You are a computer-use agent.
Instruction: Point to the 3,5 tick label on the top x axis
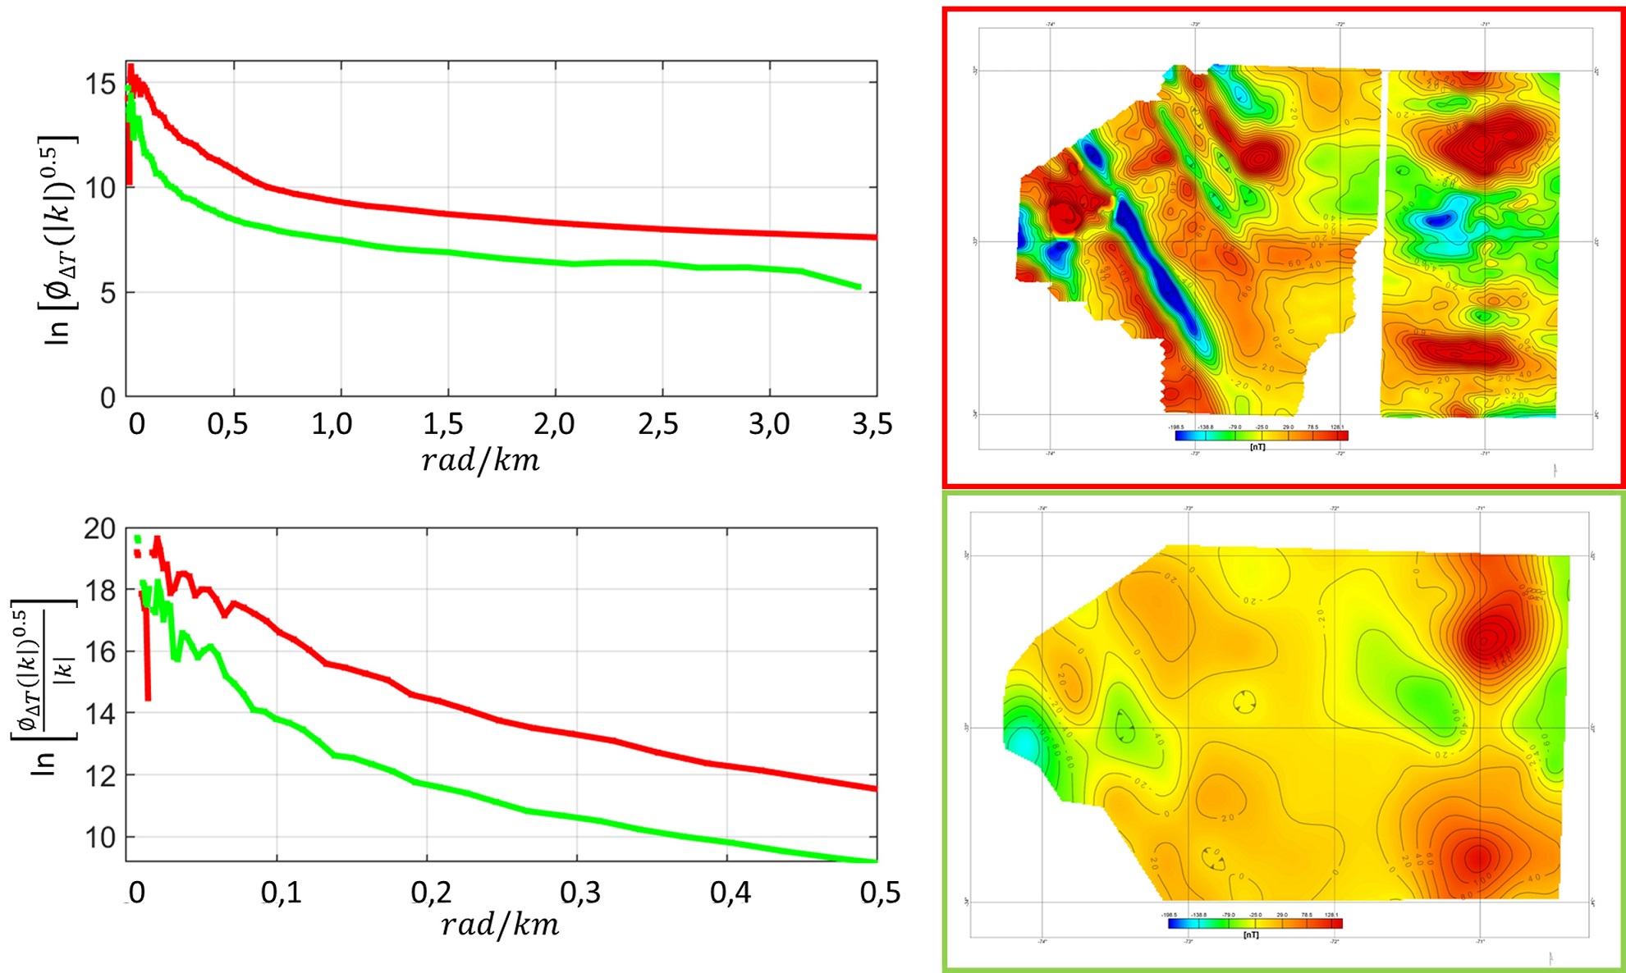pos(872,423)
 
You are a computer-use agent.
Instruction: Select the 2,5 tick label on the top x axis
pos(658,423)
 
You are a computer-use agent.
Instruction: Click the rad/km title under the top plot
pos(480,461)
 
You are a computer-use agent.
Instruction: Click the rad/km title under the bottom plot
pos(499,925)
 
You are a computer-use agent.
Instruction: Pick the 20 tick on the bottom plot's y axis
pos(100,529)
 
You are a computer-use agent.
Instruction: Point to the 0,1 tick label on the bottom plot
pos(281,893)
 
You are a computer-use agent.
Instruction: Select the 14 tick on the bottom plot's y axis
pos(100,714)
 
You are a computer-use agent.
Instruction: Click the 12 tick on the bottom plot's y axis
pos(100,775)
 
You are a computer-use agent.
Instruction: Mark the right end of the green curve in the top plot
pos(858,286)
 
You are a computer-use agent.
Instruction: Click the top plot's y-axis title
pos(57,238)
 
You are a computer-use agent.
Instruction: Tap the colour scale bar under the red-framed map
pos(1261,436)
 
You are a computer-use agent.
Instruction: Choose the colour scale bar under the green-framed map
pos(1255,923)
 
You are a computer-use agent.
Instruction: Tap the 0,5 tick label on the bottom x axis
pos(880,893)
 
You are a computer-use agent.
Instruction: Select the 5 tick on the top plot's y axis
pos(108,294)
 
